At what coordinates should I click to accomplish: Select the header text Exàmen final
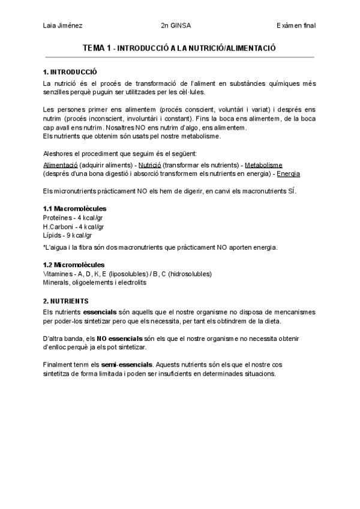296,25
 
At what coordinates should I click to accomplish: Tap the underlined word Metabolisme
263,164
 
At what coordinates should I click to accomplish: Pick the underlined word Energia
288,173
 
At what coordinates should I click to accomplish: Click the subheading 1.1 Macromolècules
75,208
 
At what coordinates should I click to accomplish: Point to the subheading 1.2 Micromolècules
74,265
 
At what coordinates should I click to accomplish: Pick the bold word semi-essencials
127,364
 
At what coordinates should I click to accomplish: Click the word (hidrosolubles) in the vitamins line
189,274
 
